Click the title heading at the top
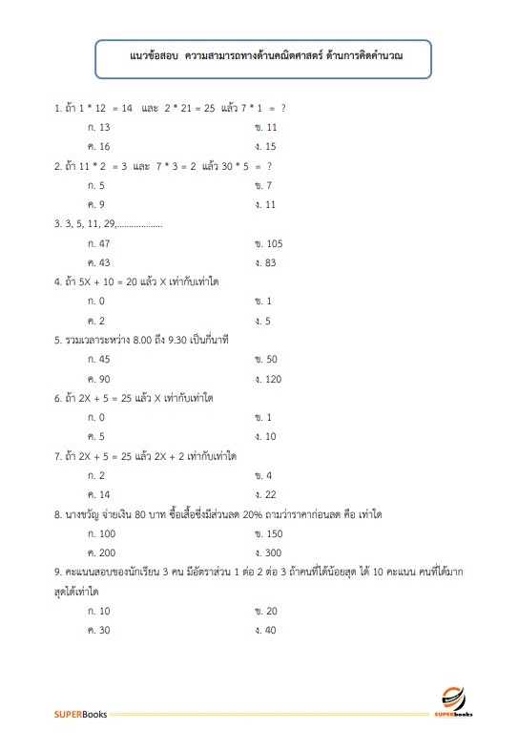tap(264, 58)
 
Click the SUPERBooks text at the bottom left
tap(80, 714)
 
